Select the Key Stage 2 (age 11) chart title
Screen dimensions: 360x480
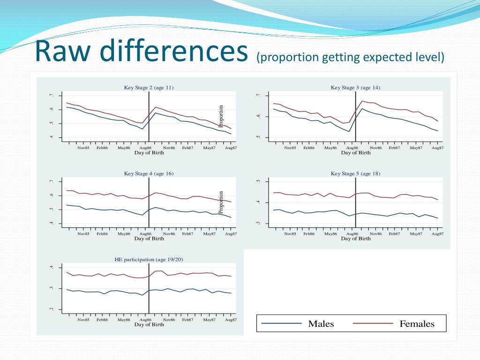tap(149, 87)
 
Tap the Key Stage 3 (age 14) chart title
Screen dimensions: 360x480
tap(355, 87)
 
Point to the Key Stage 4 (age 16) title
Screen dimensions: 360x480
tap(149, 173)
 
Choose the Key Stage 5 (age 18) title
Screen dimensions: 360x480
tap(355, 173)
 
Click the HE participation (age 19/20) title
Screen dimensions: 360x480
tap(149, 259)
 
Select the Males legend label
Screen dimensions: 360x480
tap(321, 324)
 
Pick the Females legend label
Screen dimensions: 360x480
tap(417, 324)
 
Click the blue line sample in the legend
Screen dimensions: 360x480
tap(281, 323)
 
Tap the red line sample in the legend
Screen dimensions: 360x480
tap(372, 323)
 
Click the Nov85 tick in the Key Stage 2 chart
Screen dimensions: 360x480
tap(83, 148)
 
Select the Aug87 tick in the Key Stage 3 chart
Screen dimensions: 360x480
tap(437, 148)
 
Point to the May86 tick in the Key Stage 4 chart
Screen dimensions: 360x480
tap(124, 233)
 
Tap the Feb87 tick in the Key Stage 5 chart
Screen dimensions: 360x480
tap(394, 233)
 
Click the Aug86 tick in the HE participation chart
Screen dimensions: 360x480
tap(145, 320)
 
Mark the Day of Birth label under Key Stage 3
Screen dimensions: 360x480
tap(355, 153)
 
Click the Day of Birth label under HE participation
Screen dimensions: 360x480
tap(149, 324)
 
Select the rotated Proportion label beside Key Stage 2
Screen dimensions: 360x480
tap(221, 116)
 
